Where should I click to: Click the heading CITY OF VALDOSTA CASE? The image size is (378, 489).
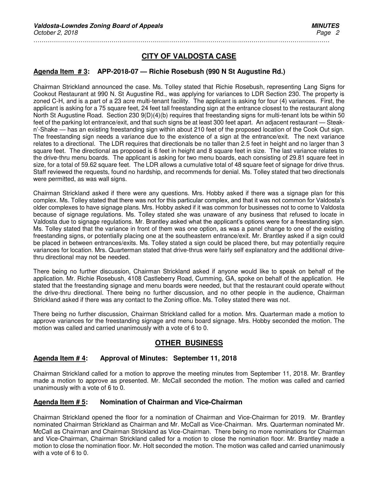(x=189, y=56)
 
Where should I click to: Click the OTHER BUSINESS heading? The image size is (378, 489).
(x=189, y=343)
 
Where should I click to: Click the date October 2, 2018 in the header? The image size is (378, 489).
(x=55, y=33)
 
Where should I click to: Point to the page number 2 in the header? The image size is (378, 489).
(x=337, y=33)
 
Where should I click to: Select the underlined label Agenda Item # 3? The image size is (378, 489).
(x=60, y=72)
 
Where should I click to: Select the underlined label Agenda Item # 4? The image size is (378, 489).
(x=60, y=358)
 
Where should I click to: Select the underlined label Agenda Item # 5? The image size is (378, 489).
(x=60, y=402)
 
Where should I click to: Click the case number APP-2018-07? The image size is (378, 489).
(x=117, y=72)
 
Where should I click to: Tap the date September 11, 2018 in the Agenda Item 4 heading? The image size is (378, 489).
(x=205, y=358)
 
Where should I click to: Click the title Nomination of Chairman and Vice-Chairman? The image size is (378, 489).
(x=171, y=402)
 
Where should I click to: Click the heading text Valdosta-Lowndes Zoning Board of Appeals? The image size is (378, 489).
(x=98, y=26)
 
